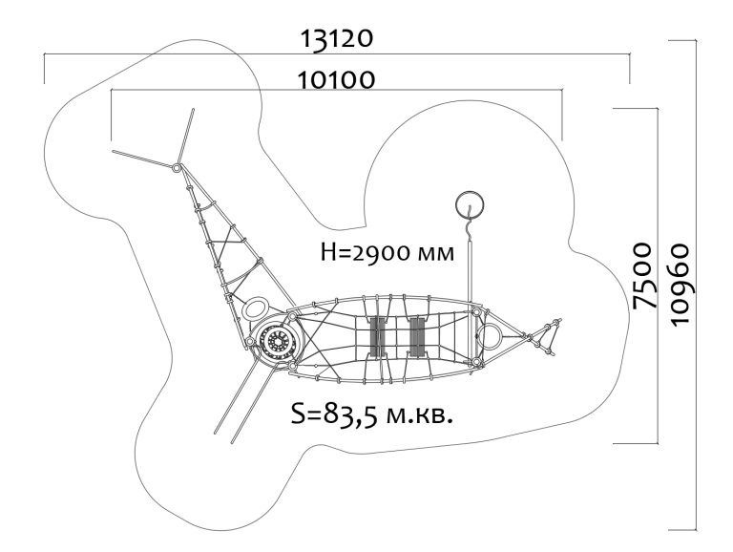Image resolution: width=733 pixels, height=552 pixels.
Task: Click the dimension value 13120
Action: click(x=336, y=39)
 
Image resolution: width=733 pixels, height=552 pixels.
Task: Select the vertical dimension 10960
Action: click(x=681, y=283)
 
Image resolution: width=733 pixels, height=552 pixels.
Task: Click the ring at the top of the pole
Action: click(x=468, y=204)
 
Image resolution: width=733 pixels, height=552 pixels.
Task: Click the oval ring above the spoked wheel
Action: click(x=257, y=308)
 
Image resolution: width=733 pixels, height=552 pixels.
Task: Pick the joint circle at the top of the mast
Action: click(x=177, y=168)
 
